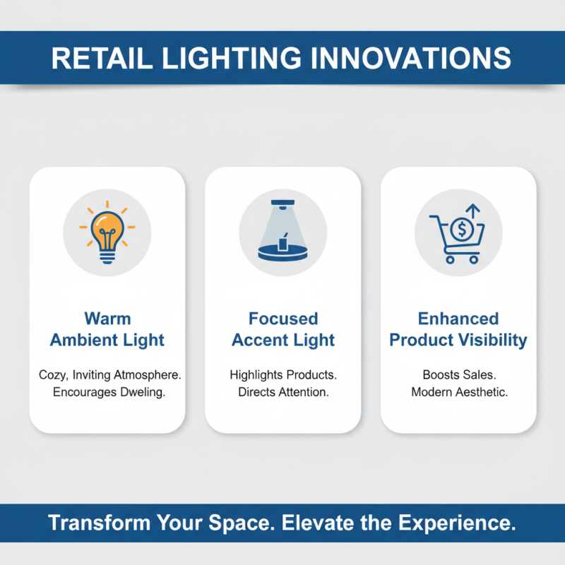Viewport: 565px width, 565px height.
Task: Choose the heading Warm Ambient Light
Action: click(107, 329)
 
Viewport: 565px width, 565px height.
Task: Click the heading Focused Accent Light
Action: click(283, 329)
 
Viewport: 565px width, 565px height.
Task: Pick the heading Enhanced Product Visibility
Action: click(458, 329)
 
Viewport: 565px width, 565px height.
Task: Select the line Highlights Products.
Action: click(283, 374)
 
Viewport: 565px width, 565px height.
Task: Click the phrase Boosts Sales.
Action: click(458, 374)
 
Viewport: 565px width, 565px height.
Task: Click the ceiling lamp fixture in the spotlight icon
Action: click(283, 204)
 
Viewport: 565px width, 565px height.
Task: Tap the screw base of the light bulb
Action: click(107, 255)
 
